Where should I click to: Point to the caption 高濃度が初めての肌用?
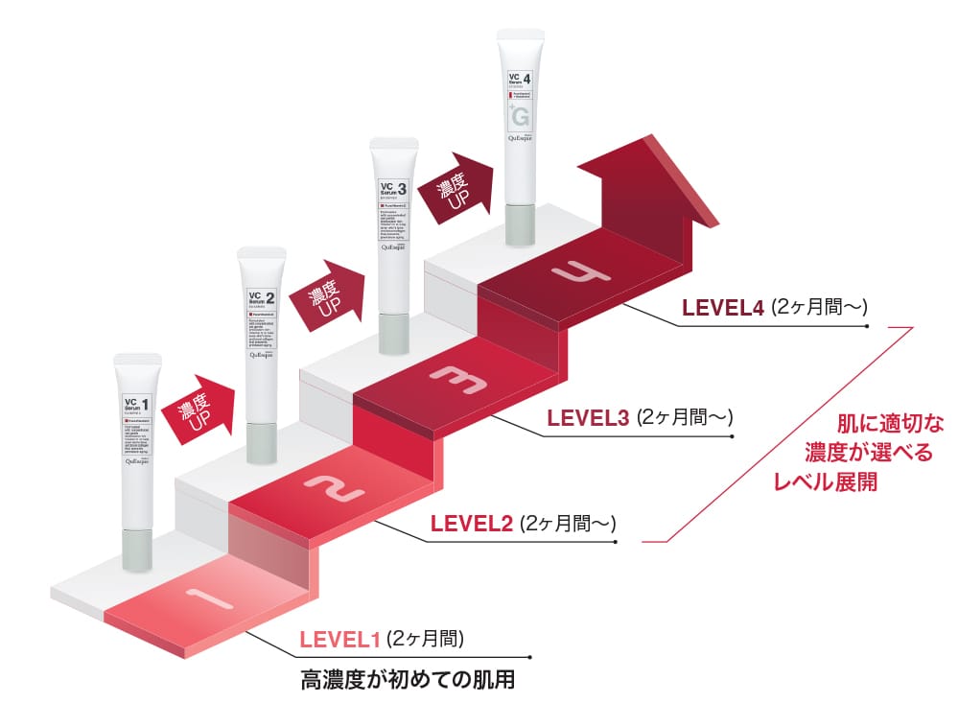tap(408, 682)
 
